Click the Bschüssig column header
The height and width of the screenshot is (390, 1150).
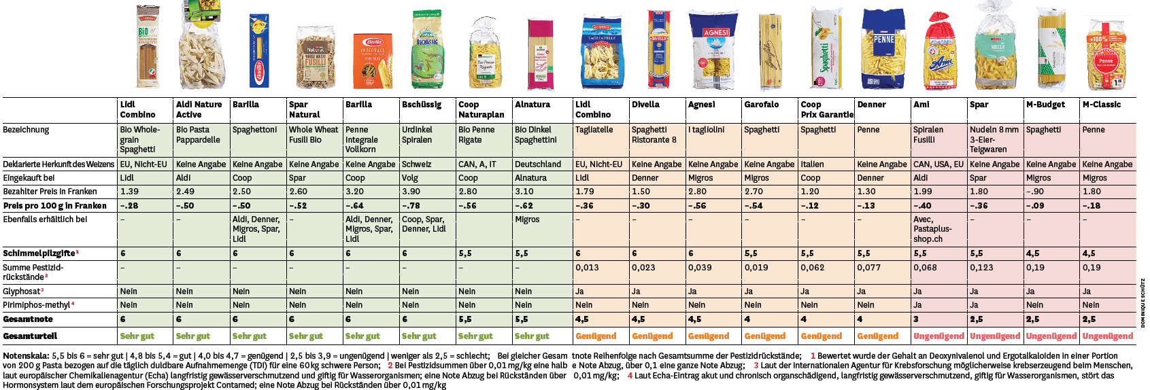(x=421, y=105)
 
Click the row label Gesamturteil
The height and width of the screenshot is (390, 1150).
(x=30, y=336)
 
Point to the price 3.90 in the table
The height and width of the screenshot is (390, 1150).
(x=411, y=192)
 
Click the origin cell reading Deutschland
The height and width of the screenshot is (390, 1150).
(x=537, y=164)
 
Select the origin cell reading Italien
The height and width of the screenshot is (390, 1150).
(x=812, y=164)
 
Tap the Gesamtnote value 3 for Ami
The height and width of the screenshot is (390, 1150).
(x=916, y=319)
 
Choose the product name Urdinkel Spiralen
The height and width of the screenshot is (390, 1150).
(x=417, y=135)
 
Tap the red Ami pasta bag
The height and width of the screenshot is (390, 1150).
(x=940, y=53)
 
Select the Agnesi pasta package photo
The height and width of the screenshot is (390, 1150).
(x=714, y=51)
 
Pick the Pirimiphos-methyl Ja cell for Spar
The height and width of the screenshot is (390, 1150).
(x=974, y=305)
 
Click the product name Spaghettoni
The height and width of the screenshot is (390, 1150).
(x=254, y=130)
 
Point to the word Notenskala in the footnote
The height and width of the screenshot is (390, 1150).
(x=25, y=356)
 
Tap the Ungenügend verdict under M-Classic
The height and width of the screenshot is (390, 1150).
(x=1107, y=336)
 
